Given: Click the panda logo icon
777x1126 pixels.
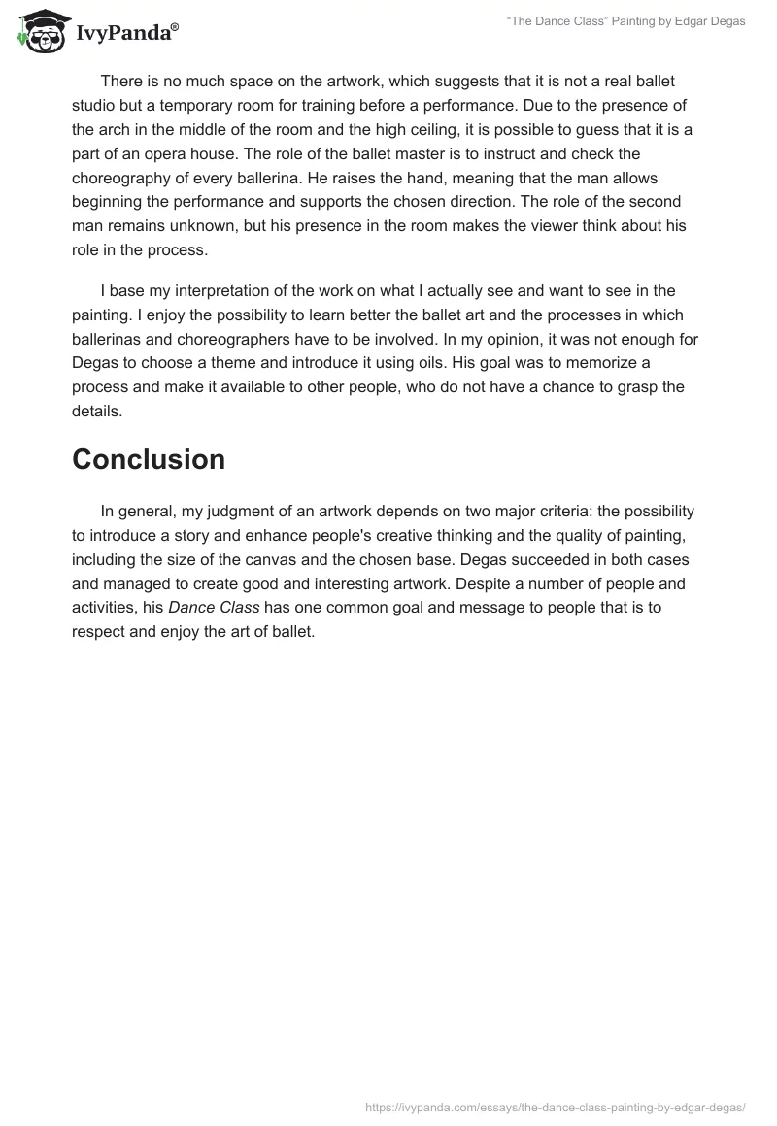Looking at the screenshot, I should pyautogui.click(x=39, y=30).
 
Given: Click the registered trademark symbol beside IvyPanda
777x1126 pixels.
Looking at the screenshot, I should pyautogui.click(x=175, y=26).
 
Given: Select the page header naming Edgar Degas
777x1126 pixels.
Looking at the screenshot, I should pyautogui.click(x=626, y=21).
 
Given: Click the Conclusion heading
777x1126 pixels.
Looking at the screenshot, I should pyautogui.click(x=149, y=459).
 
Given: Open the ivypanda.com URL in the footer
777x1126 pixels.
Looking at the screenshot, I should pyautogui.click(x=556, y=1106).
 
